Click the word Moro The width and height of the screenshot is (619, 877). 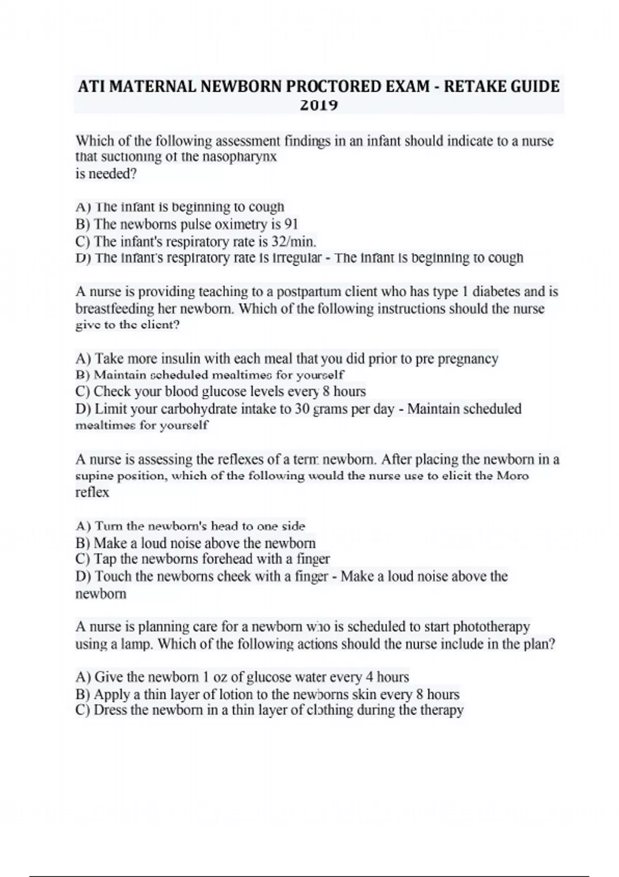pyautogui.click(x=512, y=476)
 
